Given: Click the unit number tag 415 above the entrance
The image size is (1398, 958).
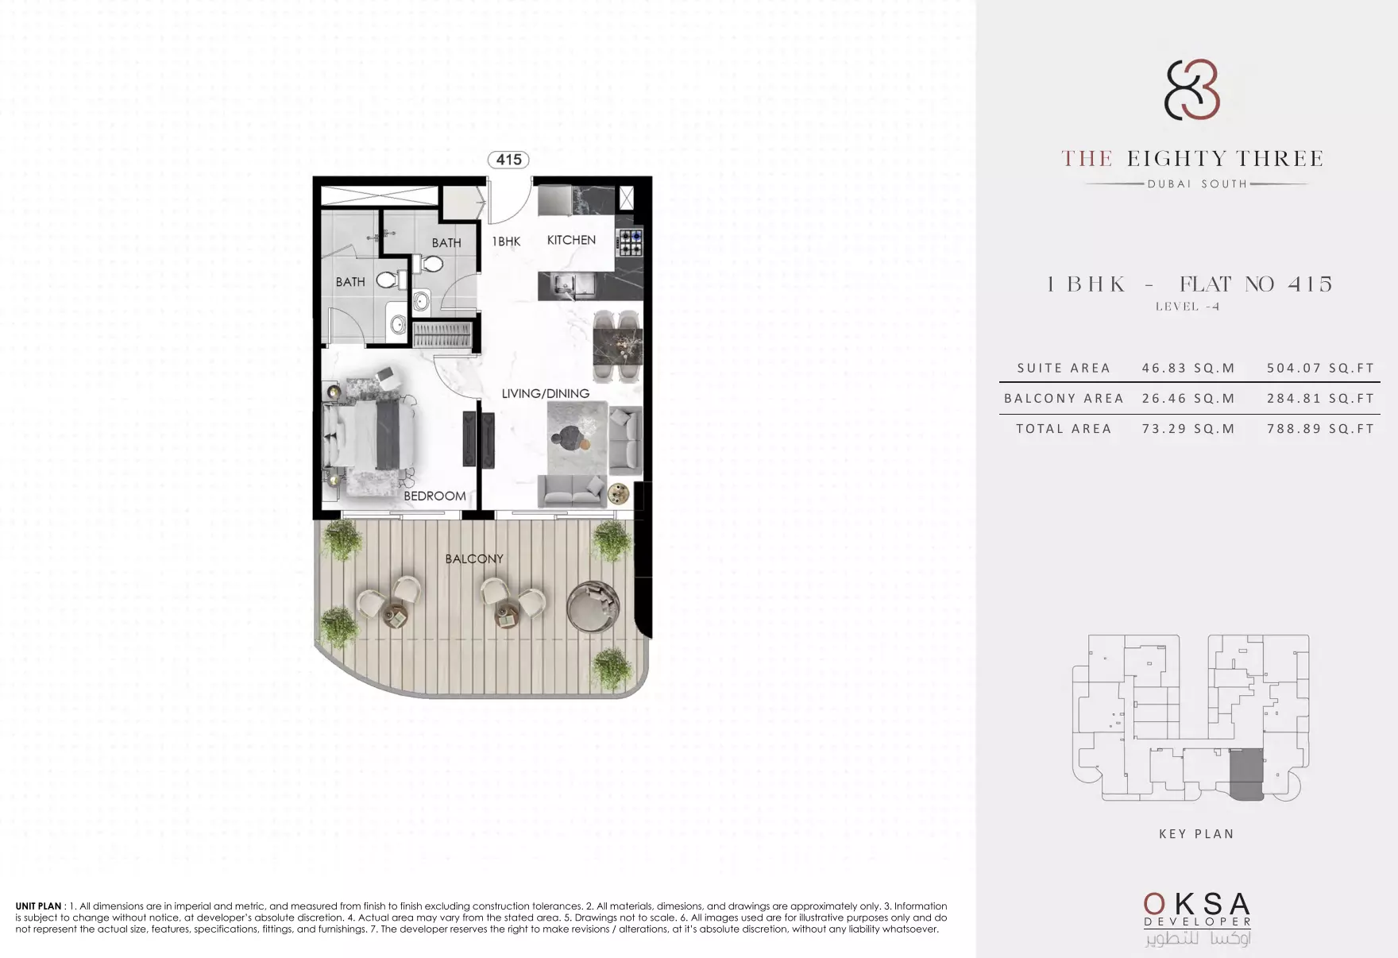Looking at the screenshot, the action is click(x=508, y=160).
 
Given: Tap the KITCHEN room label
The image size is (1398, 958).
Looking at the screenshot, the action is click(x=571, y=240).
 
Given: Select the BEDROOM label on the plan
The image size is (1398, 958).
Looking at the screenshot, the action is click(x=434, y=496).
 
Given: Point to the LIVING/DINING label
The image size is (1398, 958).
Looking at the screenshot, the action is click(x=545, y=393).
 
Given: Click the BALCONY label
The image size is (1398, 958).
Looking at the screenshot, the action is click(x=474, y=558).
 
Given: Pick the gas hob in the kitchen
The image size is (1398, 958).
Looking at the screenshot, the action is click(x=631, y=242).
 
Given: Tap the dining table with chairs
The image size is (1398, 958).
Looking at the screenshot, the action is click(x=617, y=346).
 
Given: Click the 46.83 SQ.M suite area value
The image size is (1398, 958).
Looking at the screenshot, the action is click(x=1188, y=368).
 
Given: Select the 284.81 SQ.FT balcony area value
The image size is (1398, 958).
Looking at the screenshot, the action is click(x=1320, y=398).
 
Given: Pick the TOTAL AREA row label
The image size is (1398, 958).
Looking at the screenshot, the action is click(x=1064, y=428).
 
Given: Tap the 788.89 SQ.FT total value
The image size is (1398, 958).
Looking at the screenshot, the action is click(x=1320, y=428).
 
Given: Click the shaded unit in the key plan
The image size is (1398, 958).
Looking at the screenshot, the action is click(x=1245, y=774).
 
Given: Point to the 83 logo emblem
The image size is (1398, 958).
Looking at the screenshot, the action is click(x=1191, y=90).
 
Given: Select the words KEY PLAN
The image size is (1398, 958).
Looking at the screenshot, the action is click(x=1196, y=833).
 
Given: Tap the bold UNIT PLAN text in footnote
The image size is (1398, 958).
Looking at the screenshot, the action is click(x=38, y=906).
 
